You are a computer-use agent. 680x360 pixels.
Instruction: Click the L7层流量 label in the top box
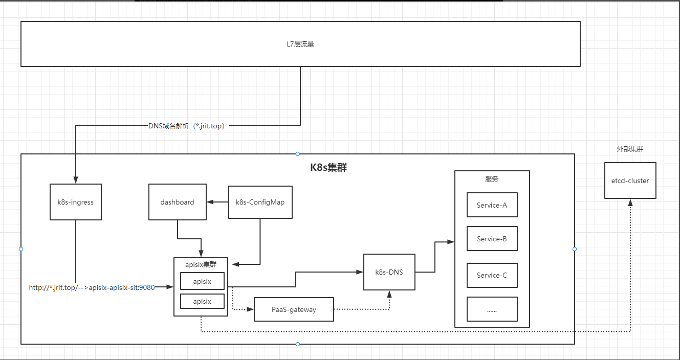300,44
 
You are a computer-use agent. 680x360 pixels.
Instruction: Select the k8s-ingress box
76,202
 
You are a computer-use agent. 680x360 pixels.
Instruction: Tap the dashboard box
178,202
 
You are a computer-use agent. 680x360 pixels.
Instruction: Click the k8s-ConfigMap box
260,202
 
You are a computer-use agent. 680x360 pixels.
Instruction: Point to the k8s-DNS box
389,272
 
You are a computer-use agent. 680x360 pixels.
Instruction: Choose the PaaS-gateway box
294,309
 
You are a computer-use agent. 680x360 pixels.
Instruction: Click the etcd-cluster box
630,181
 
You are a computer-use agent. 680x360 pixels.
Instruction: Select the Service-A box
492,205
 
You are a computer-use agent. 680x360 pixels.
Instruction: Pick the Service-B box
492,239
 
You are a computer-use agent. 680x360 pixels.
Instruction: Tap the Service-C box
492,275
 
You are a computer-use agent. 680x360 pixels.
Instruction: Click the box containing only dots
492,309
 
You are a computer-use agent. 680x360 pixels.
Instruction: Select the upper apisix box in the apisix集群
202,281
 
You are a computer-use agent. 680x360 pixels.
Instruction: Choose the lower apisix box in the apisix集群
202,301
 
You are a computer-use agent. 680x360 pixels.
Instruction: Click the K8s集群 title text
329,168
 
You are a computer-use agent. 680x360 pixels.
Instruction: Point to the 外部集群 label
630,149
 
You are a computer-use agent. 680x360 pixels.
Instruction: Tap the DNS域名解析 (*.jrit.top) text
187,126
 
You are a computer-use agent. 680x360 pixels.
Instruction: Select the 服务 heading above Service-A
492,179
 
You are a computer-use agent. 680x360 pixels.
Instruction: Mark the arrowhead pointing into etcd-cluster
630,202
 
